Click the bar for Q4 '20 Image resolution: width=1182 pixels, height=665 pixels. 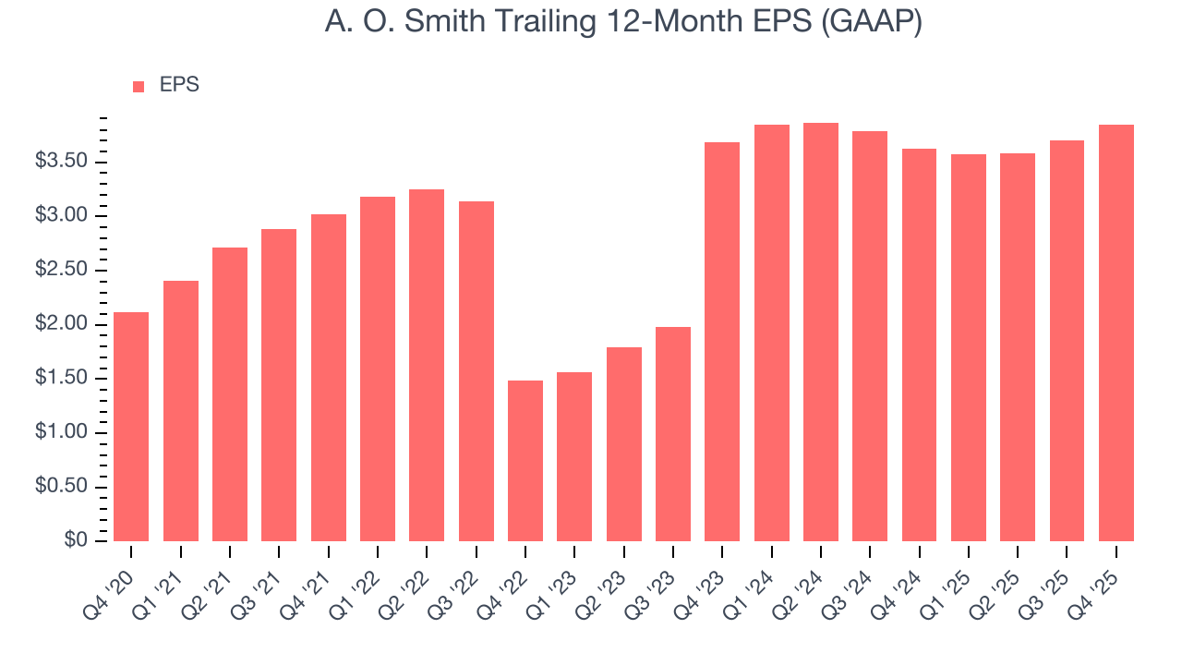[x=131, y=427]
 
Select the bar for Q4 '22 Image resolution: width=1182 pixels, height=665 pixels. [x=525, y=461]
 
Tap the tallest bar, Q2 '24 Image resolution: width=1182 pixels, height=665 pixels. [x=821, y=332]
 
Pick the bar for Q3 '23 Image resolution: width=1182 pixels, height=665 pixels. [x=673, y=434]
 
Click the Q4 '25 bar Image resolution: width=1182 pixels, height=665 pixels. [x=1116, y=332]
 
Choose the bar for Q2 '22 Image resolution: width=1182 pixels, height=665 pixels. [x=427, y=365]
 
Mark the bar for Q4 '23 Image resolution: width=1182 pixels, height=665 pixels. [x=722, y=342]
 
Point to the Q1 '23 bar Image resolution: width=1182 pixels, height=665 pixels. [x=574, y=456]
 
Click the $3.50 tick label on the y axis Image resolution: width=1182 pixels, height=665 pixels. [x=61, y=162]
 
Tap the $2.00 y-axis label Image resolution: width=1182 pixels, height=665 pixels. [x=61, y=324]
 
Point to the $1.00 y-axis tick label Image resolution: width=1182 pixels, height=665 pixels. [x=61, y=432]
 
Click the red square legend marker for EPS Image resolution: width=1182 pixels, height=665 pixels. [x=139, y=86]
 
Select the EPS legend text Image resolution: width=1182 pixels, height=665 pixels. [x=179, y=85]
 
